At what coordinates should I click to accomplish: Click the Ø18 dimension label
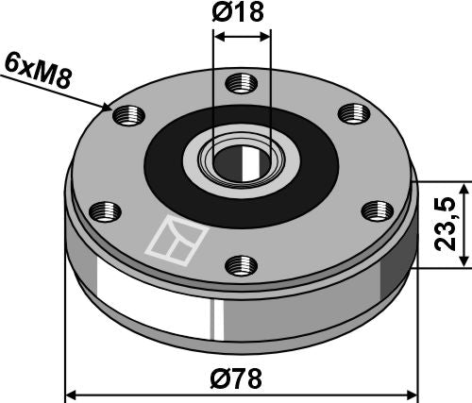pos(243,14)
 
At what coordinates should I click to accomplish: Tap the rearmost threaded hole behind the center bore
pos(240,83)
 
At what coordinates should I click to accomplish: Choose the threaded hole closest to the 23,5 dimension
pos(377,210)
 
